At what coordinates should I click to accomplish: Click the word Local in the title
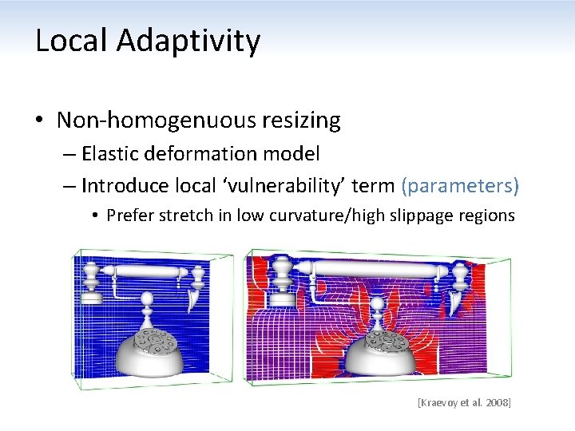coord(71,41)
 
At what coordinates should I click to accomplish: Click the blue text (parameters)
coord(461,186)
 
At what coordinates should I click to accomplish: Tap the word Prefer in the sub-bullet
coord(130,215)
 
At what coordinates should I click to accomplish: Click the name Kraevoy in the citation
coord(442,403)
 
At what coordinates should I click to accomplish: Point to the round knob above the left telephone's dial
coord(148,302)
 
